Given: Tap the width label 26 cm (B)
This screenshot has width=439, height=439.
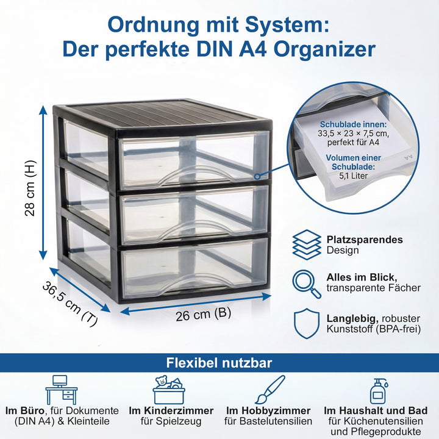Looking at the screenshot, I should [203, 315].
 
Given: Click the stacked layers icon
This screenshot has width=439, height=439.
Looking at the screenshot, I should [307, 244].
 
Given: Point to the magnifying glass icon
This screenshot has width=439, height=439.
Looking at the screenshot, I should [307, 284].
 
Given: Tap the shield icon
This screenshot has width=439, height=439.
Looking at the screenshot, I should [307, 324].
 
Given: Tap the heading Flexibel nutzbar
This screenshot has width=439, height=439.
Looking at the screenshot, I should [219, 363].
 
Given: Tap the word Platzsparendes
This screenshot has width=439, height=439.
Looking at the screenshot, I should [365, 240].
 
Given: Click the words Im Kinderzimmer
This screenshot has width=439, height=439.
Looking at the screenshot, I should [171, 410].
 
